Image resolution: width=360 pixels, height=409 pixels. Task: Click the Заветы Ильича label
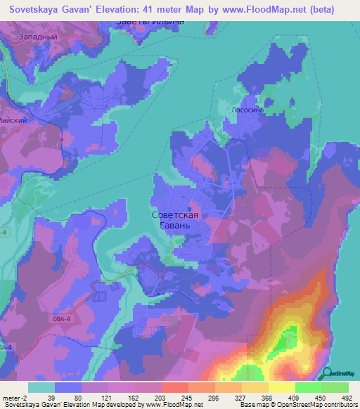pyautogui.click(x=150, y=22)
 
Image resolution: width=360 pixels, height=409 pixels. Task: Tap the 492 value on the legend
pyautogui.click(x=347, y=397)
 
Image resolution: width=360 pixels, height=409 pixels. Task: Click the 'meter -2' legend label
pyautogui.click(x=13, y=397)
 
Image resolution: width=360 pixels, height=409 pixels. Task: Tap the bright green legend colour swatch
pyautogui.click(x=335, y=387)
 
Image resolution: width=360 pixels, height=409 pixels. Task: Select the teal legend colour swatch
pyautogui.click(x=41, y=387)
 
